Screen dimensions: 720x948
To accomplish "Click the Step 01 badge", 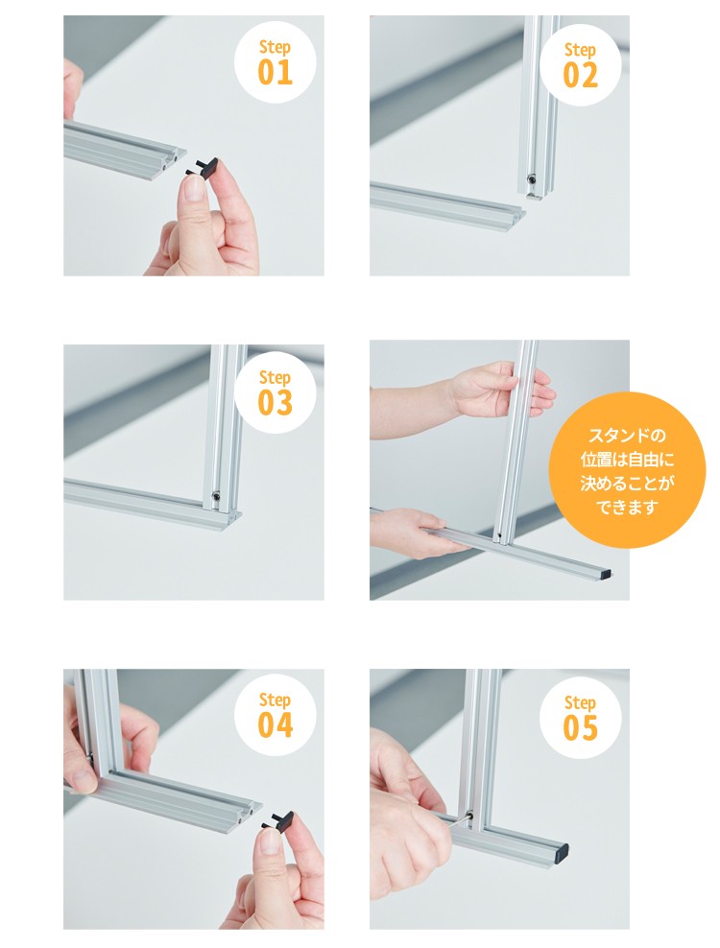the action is pyautogui.click(x=276, y=62).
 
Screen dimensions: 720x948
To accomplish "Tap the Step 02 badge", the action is pyautogui.click(x=580, y=65).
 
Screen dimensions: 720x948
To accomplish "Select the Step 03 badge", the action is pyautogui.click(x=276, y=392).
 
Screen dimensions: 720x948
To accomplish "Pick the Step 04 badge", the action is pyautogui.click(x=276, y=715).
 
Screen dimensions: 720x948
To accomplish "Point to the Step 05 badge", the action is pyautogui.click(x=580, y=718).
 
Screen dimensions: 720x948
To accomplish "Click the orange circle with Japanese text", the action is pyautogui.click(x=627, y=470).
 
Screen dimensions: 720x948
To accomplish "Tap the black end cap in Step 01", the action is pyautogui.click(x=203, y=168).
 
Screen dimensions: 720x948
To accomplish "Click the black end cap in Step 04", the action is pyautogui.click(x=278, y=820).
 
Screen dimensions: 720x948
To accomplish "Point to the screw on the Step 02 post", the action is pyautogui.click(x=531, y=179).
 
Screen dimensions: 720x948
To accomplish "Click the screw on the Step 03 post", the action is pyautogui.click(x=216, y=497).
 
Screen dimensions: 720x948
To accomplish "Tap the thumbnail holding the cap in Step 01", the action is pyautogui.click(x=194, y=189).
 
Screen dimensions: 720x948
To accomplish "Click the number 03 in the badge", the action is pyautogui.click(x=276, y=403).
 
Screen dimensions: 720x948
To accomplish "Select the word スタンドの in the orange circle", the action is pyautogui.click(x=627, y=436).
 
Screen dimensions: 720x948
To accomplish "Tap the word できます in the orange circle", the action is pyautogui.click(x=627, y=507).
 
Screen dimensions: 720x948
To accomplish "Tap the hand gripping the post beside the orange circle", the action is pyautogui.click(x=496, y=390).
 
